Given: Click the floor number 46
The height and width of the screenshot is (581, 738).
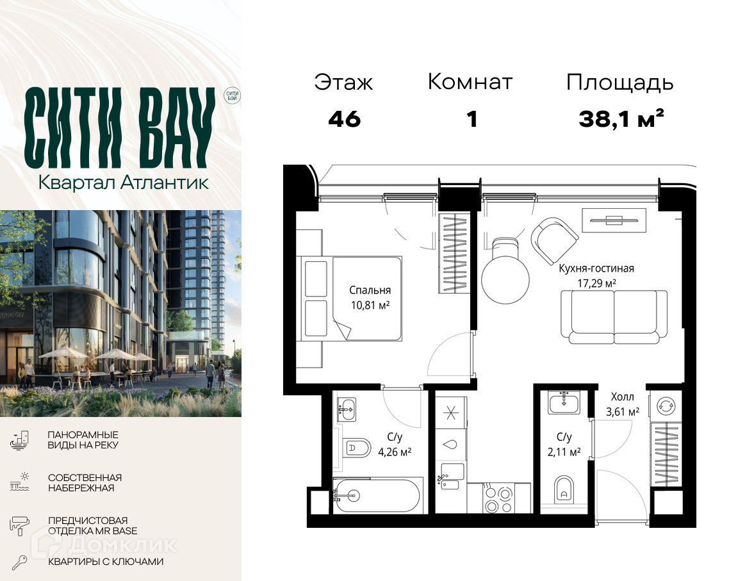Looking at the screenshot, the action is coord(345,119).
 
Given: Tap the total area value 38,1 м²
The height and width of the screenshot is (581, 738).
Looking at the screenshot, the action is coord(621,119).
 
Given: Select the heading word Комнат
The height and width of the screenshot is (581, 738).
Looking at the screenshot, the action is coord(470,82).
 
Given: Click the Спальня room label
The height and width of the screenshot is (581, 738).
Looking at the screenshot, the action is coord(370,290).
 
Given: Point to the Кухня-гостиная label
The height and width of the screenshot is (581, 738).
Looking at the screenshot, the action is coord(596,268).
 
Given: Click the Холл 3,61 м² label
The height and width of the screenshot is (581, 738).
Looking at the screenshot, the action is coord(622,404).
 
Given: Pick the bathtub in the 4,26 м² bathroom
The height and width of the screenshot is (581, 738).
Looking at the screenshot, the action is coord(375,495).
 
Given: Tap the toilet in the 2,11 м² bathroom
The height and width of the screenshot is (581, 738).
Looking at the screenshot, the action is coord(563,490).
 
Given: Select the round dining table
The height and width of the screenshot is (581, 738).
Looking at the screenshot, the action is coord(505,279).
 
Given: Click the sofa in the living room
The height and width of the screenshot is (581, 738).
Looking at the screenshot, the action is coord(614,316).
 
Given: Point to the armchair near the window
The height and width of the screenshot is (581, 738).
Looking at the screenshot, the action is coord(554,240).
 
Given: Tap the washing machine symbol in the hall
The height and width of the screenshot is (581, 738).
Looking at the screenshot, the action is coord(666,405).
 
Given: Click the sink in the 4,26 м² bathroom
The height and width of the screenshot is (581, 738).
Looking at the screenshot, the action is coord(347,409).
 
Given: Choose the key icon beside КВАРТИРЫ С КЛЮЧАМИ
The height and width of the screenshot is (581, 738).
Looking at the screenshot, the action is coord(19,562).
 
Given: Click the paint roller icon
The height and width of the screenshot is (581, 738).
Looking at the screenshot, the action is coord(19,525).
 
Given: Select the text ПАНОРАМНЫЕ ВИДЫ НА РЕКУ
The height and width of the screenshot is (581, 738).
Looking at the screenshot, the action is coord(83,440).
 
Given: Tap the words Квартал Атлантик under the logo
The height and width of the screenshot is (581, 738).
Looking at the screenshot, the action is coord(123,183).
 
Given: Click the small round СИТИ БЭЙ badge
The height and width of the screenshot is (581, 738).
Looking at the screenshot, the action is coord(232,95).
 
